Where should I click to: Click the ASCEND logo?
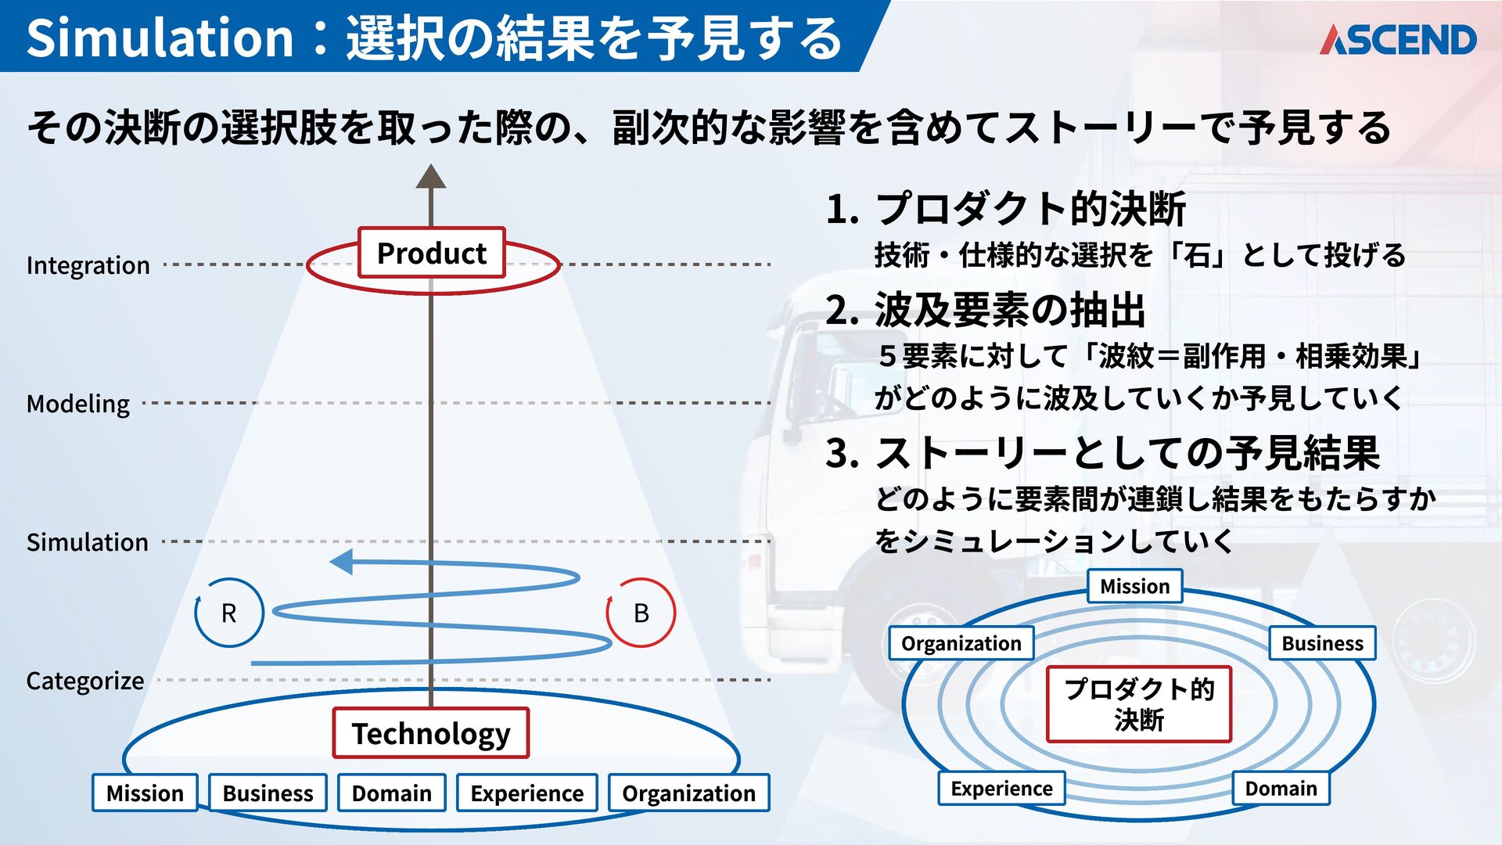tap(1398, 40)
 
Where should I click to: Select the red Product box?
tap(431, 253)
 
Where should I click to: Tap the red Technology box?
tap(431, 733)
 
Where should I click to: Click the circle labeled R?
tap(228, 613)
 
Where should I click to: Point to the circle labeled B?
tap(641, 613)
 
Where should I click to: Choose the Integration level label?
tap(88, 265)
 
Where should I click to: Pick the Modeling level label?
tap(78, 404)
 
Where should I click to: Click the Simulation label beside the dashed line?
tap(88, 542)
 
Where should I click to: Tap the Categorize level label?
tap(84, 681)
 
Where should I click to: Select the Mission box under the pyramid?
tap(145, 793)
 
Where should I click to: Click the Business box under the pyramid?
tap(268, 793)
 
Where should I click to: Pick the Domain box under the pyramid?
tap(391, 793)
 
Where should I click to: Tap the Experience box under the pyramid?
tap(526, 793)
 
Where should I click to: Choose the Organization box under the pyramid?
tap(688, 793)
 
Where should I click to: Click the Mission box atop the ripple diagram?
tap(1134, 586)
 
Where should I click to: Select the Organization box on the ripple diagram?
tap(961, 643)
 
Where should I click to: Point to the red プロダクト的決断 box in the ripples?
tap(1139, 704)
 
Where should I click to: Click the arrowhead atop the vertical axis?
tap(430, 177)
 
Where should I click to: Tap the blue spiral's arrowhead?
tap(342, 561)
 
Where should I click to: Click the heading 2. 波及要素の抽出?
tap(986, 310)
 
